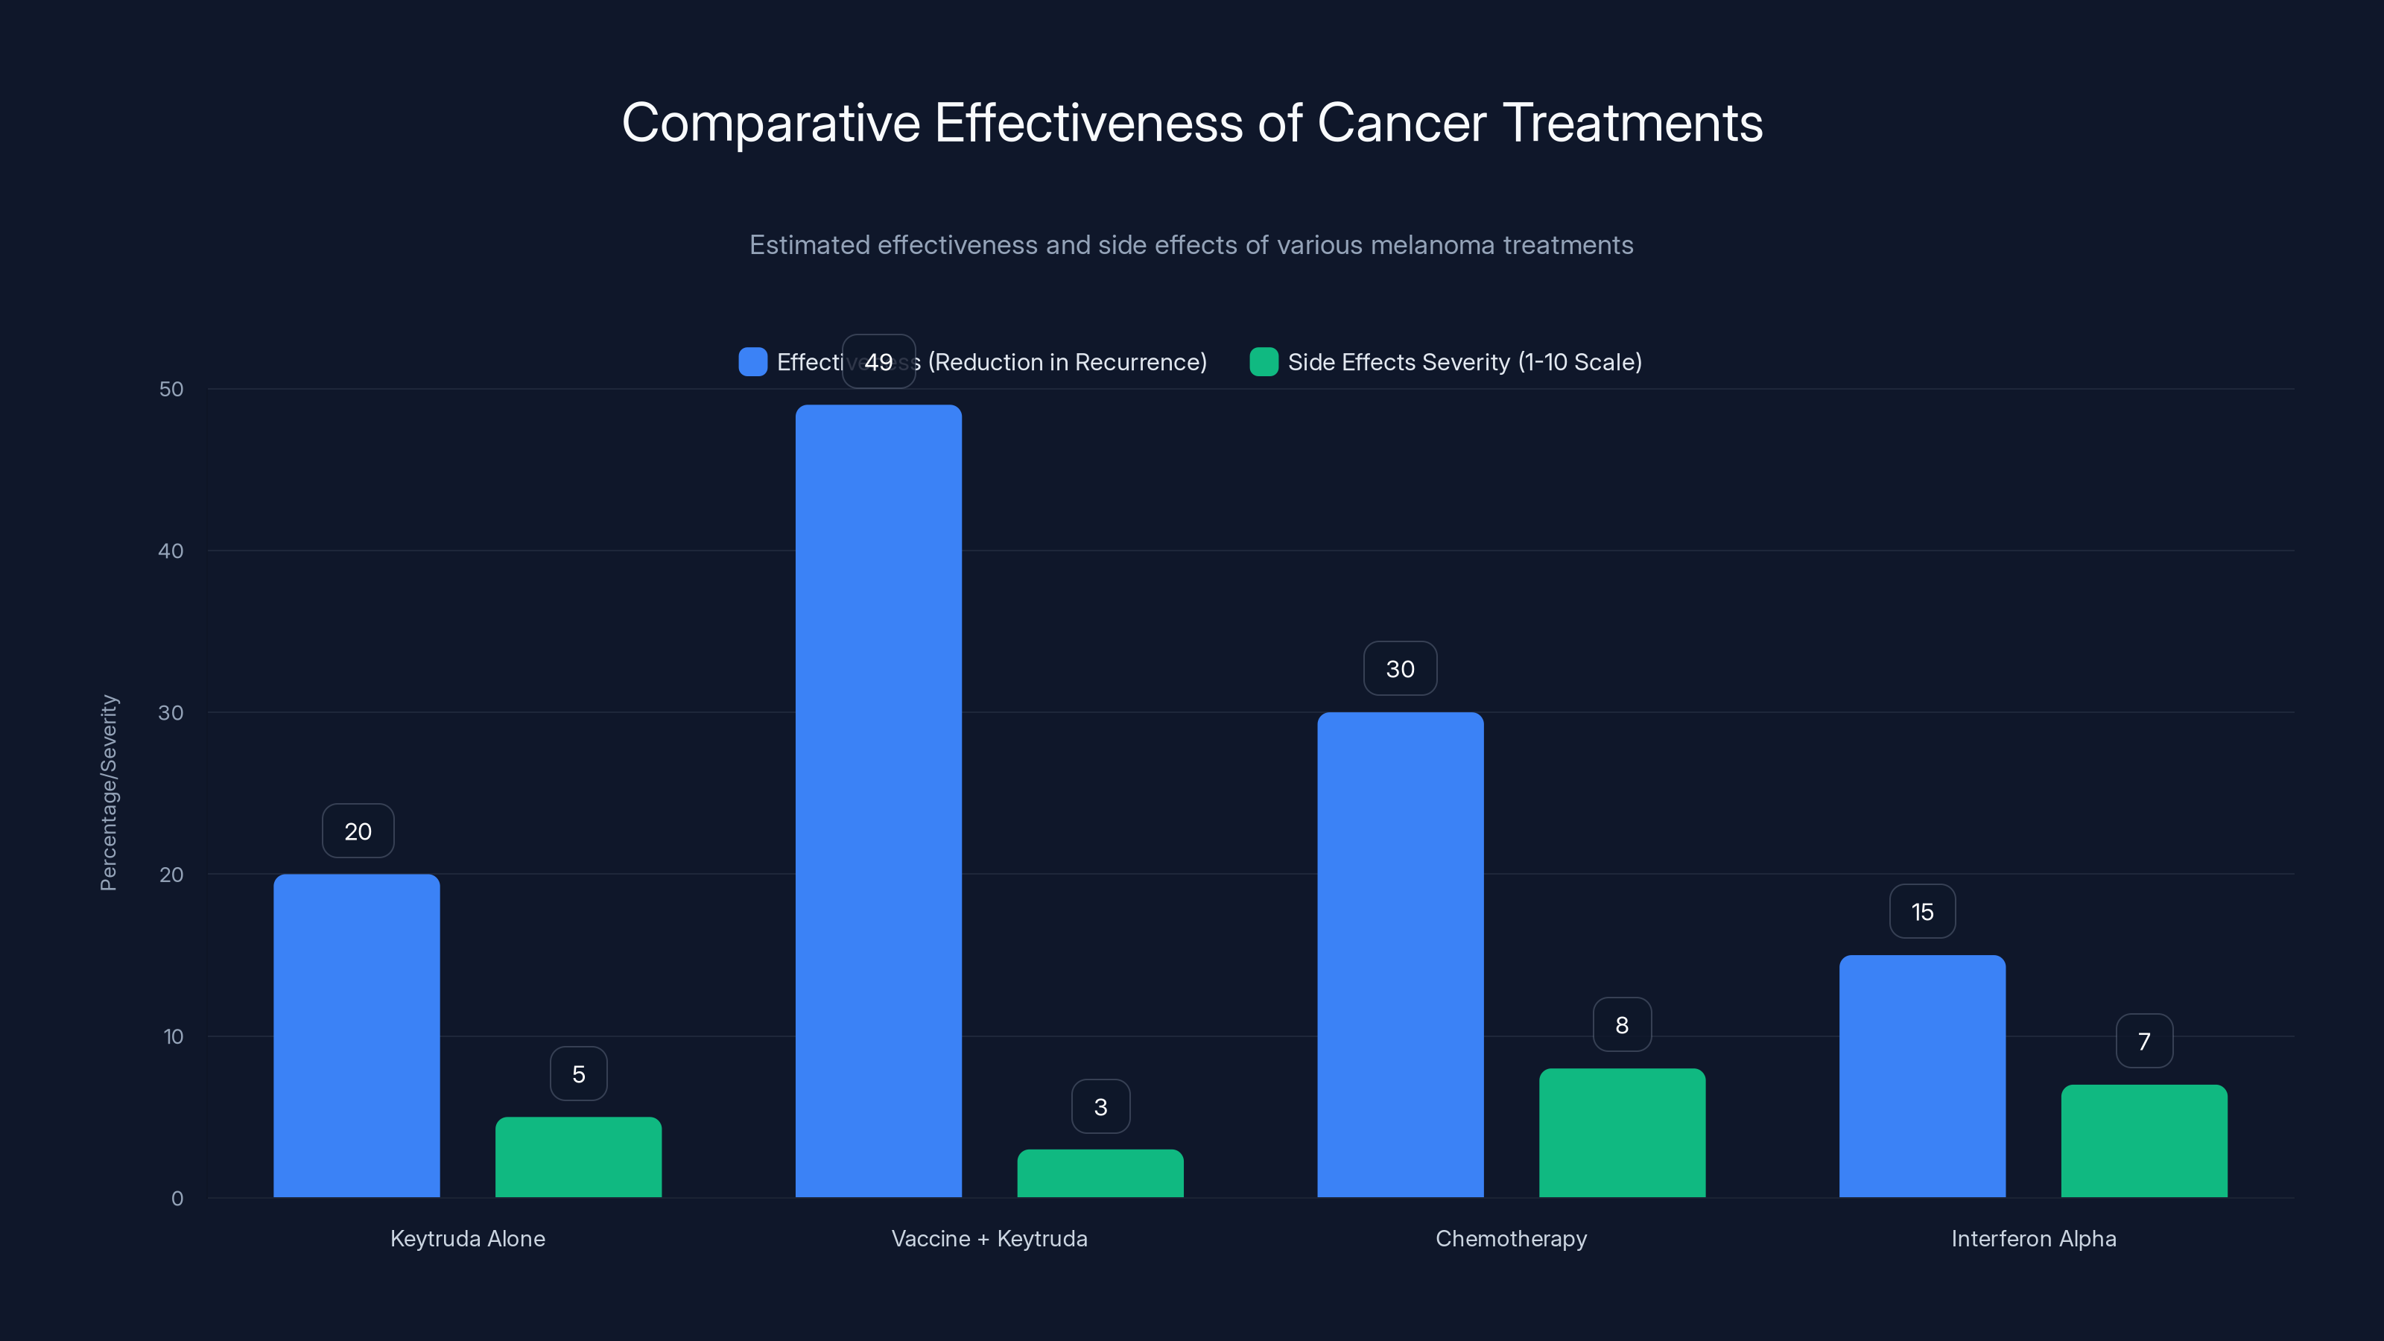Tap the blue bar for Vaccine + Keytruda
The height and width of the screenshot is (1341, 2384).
point(878,801)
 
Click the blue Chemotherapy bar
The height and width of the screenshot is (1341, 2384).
point(1401,954)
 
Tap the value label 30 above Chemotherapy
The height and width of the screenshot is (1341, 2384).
point(1401,668)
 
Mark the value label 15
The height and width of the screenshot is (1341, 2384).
point(1922,912)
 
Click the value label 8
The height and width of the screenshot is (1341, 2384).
point(1621,1024)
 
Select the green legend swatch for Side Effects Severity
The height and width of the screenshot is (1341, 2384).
point(1264,362)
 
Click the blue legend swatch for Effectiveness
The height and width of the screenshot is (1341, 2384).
point(752,362)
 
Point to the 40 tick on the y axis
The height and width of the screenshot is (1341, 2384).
point(171,551)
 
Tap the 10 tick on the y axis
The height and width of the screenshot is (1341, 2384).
point(173,1036)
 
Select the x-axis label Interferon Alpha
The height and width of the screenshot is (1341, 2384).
point(2033,1238)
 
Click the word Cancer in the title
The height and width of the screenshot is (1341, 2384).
point(1401,123)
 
